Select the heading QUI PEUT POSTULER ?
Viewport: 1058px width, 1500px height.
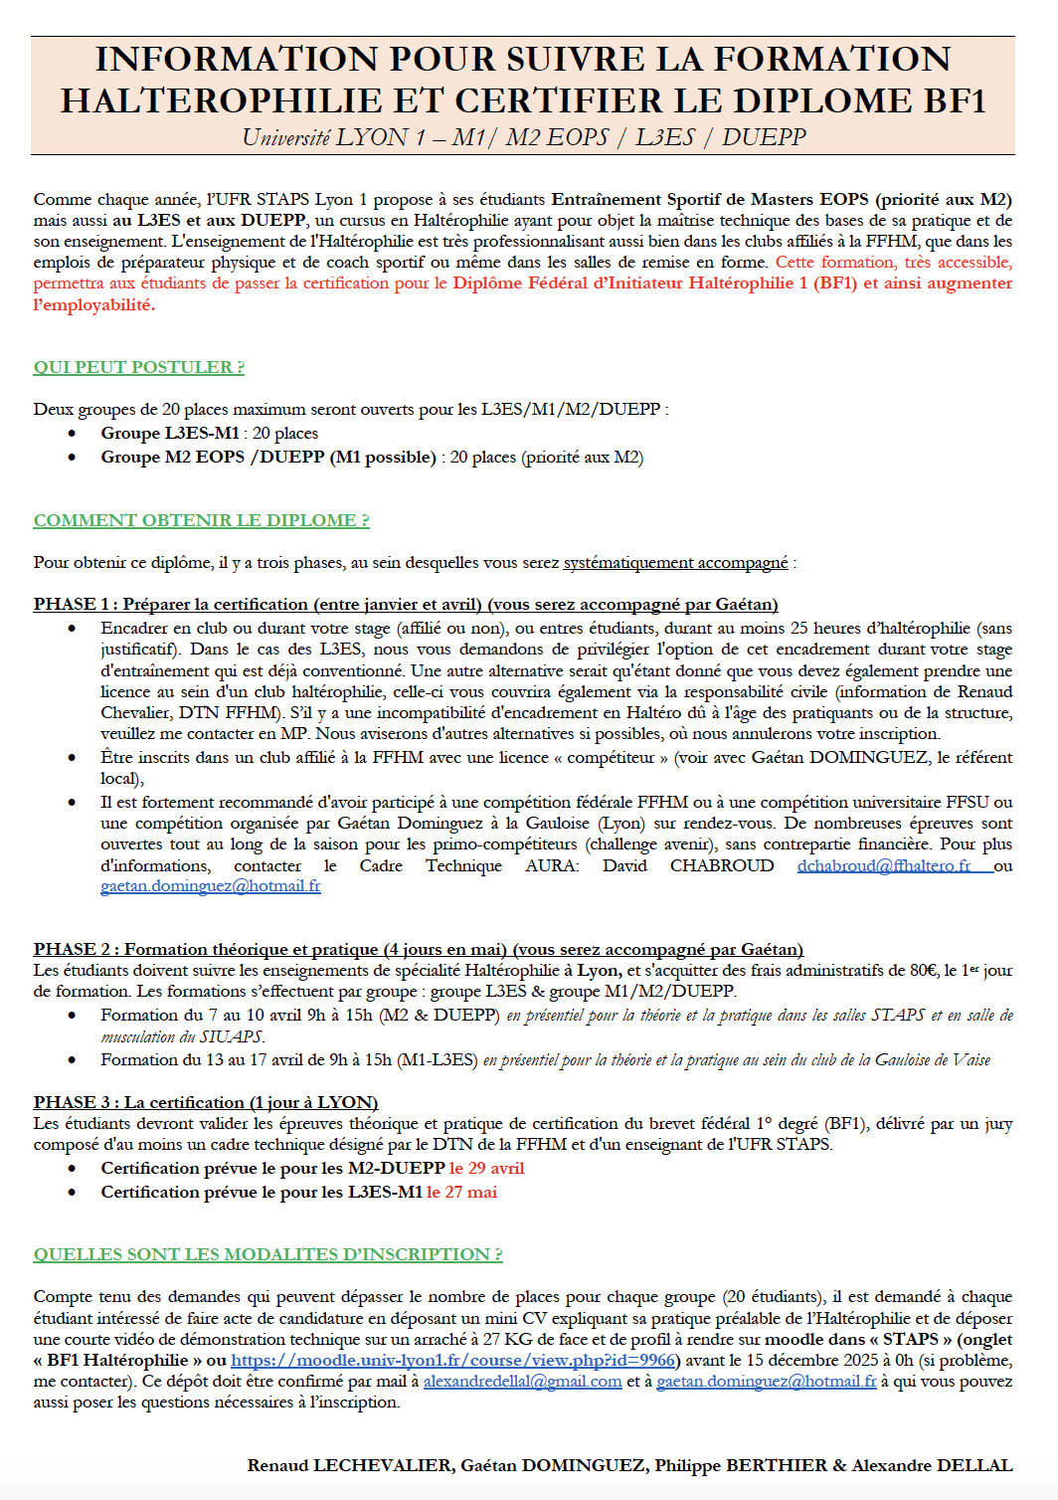click(x=138, y=367)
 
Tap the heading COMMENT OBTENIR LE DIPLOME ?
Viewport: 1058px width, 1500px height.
click(x=201, y=520)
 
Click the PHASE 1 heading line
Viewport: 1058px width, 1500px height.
click(x=405, y=604)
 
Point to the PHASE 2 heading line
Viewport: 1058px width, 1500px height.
click(x=418, y=949)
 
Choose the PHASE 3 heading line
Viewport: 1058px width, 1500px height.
click(x=205, y=1102)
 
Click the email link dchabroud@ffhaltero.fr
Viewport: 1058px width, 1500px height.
click(x=883, y=865)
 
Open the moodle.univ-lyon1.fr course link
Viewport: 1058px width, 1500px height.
click(x=453, y=1360)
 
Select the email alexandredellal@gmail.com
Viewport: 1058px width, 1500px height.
click(x=522, y=1381)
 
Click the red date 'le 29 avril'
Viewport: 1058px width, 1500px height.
click(x=486, y=1168)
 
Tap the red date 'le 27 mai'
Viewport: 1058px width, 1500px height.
click(x=461, y=1192)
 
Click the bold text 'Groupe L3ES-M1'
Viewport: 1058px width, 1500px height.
click(x=169, y=433)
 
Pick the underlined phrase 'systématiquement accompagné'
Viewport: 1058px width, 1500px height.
click(x=675, y=562)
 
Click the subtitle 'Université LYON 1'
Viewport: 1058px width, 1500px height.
click(x=324, y=137)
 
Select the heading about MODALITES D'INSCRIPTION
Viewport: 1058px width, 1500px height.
click(x=267, y=1254)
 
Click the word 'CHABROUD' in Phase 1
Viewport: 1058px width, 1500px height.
click(x=721, y=865)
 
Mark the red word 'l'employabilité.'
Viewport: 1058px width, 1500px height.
click(x=93, y=304)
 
